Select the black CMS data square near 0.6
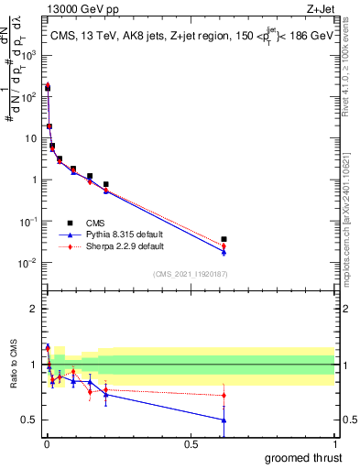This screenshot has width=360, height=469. click(x=224, y=239)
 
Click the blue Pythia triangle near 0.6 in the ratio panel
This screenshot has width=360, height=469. click(x=224, y=420)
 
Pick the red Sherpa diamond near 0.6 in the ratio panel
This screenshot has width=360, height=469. click(x=224, y=396)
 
